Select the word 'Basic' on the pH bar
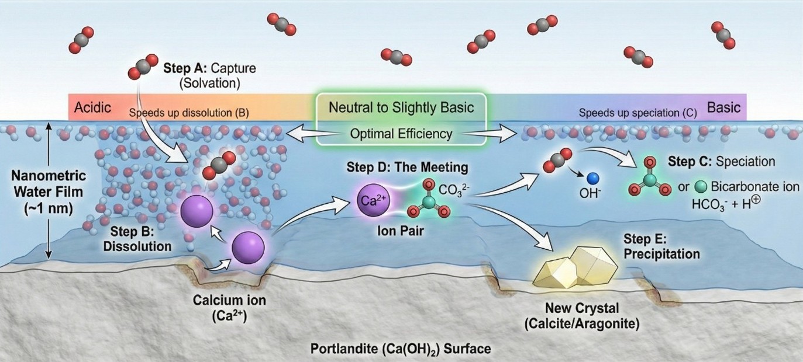[723, 108]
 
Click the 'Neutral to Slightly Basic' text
[401, 108]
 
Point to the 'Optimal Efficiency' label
[401, 134]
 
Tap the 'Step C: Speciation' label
[721, 161]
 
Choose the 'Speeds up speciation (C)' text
[637, 113]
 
